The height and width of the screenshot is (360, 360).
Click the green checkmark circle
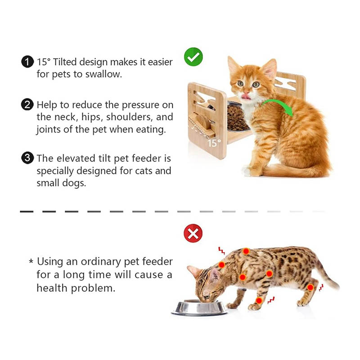click(x=193, y=57)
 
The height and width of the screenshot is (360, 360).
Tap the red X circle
click(x=193, y=233)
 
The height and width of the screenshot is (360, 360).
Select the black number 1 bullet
click(x=27, y=62)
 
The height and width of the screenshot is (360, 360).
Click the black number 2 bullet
click(x=27, y=104)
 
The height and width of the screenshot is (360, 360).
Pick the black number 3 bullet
click(x=27, y=158)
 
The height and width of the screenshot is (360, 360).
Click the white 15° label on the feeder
click(x=214, y=143)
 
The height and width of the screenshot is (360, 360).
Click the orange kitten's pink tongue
click(x=246, y=97)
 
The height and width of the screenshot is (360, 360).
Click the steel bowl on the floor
click(x=199, y=308)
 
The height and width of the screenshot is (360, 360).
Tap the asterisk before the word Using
click(x=31, y=261)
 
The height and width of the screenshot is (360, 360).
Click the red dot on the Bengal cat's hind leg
click(x=310, y=287)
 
